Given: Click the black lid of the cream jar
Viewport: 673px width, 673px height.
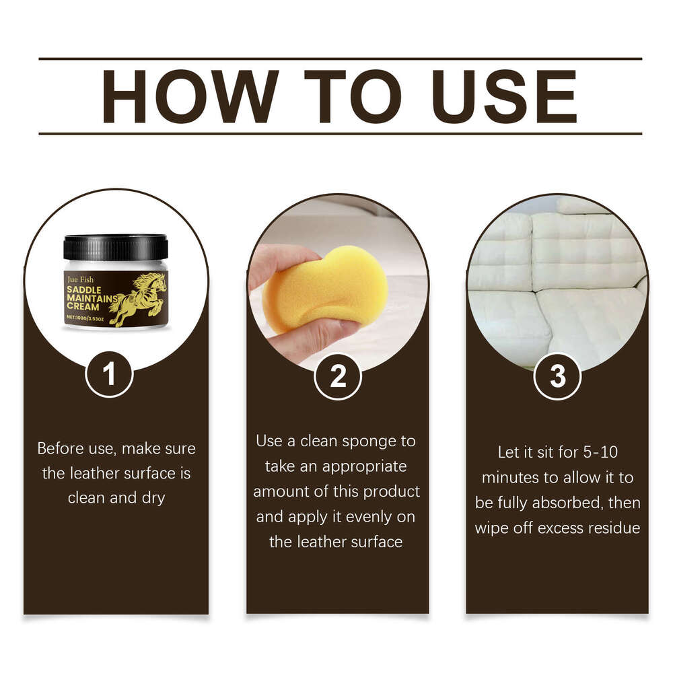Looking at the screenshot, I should click(115, 246).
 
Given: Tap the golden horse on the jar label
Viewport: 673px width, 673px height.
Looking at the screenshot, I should click(139, 297).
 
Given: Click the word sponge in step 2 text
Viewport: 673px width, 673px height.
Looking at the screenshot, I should click(379, 441).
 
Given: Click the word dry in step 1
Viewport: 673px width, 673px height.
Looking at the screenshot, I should click(153, 498).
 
